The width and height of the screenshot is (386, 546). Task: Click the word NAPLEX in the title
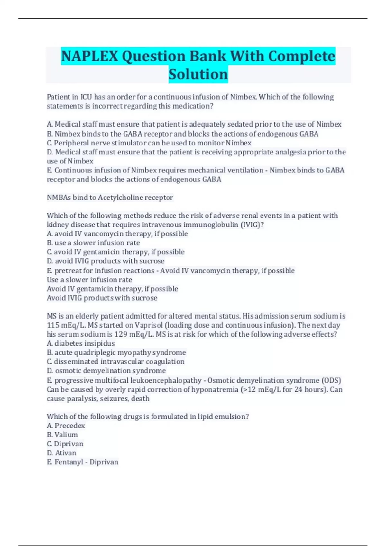click(x=89, y=56)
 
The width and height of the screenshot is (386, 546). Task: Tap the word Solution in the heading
click(x=198, y=74)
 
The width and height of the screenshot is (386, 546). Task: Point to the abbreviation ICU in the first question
click(x=86, y=97)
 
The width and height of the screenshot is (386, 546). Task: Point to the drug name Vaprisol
click(x=149, y=325)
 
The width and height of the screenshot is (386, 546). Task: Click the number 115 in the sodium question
click(x=53, y=325)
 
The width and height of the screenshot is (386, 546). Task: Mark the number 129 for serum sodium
click(x=121, y=334)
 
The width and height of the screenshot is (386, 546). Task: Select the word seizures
click(x=114, y=399)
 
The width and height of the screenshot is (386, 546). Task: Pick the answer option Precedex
click(x=69, y=426)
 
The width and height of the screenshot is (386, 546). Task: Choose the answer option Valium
click(x=66, y=435)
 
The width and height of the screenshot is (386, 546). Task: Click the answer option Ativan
click(x=66, y=453)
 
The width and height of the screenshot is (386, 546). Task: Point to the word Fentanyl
click(x=69, y=462)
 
